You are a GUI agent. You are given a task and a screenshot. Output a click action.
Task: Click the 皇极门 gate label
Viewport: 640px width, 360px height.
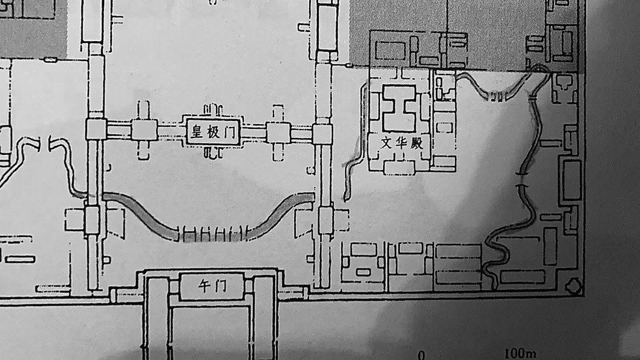click(x=212, y=132)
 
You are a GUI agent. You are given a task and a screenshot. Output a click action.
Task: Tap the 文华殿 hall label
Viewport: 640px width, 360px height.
click(x=402, y=142)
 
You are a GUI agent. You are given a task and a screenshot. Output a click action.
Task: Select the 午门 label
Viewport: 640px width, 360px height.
click(x=212, y=286)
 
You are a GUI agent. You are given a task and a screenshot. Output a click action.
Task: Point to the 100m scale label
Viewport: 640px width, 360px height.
click(x=520, y=353)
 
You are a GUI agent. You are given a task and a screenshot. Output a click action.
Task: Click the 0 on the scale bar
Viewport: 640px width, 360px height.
click(x=422, y=355)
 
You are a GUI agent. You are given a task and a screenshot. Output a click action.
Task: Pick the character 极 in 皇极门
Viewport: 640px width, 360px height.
click(x=213, y=132)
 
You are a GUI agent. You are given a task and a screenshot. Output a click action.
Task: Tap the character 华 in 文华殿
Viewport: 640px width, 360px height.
click(x=402, y=142)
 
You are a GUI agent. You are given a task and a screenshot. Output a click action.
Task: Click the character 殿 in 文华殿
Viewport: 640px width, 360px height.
click(x=417, y=143)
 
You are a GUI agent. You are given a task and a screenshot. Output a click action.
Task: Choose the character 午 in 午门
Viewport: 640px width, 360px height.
click(x=204, y=286)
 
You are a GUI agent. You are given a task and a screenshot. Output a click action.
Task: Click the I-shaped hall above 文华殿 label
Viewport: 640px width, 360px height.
click(x=399, y=108)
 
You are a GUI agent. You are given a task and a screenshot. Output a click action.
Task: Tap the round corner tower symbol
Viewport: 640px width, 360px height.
click(x=574, y=286)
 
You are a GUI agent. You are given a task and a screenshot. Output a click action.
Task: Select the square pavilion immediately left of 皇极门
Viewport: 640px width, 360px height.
click(x=144, y=130)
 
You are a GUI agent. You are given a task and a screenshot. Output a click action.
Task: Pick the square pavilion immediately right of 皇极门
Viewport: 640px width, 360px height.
click(x=278, y=133)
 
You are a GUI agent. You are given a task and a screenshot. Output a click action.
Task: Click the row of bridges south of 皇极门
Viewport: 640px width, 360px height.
click(x=212, y=234)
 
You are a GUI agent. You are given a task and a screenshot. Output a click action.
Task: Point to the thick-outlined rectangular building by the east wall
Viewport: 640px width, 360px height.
click(x=572, y=181)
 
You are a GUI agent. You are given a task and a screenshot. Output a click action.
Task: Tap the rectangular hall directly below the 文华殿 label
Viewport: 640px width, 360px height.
click(x=400, y=166)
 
